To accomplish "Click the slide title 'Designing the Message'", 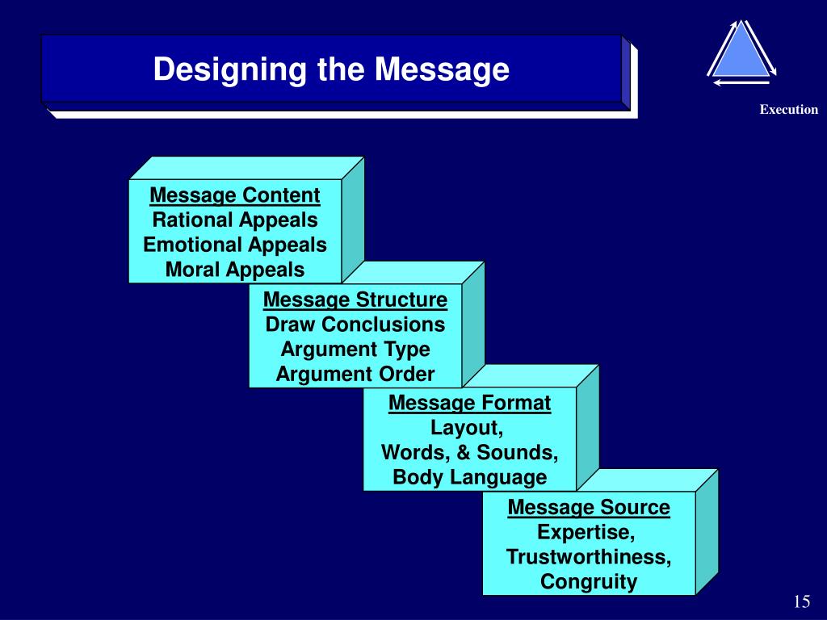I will pyautogui.click(x=331, y=69).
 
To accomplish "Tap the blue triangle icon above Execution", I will pyautogui.click(x=740, y=52).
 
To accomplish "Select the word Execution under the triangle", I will pyautogui.click(x=788, y=110).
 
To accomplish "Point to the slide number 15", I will pyautogui.click(x=801, y=601).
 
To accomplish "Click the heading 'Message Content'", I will pyautogui.click(x=235, y=195).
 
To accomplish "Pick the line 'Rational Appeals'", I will pyautogui.click(x=235, y=220).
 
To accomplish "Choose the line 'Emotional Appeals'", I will pyautogui.click(x=235, y=245).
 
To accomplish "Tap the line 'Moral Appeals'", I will pyautogui.click(x=235, y=270).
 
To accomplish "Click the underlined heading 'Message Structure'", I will pyautogui.click(x=355, y=300).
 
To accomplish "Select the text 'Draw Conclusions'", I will pyautogui.click(x=355, y=325).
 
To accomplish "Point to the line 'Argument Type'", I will pyautogui.click(x=355, y=350).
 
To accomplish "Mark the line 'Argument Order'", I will pyautogui.click(x=355, y=375).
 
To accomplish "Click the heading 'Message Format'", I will pyautogui.click(x=470, y=403).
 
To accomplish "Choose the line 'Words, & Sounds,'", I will pyautogui.click(x=470, y=452).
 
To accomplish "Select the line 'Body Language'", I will pyautogui.click(x=470, y=477).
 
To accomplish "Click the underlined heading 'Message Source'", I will pyautogui.click(x=589, y=508).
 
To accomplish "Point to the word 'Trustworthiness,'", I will pyautogui.click(x=589, y=557).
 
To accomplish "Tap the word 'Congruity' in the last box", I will pyautogui.click(x=589, y=582).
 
